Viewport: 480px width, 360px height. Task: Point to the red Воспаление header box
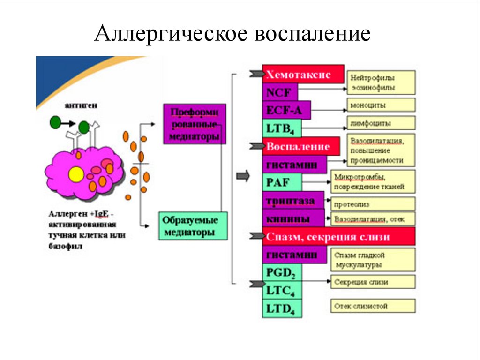tap(300, 146)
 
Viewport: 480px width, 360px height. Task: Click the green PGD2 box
tap(282, 272)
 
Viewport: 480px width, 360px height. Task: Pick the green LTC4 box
tap(282, 291)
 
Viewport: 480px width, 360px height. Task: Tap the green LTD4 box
tap(282, 308)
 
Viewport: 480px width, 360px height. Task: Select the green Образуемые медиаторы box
tap(192, 226)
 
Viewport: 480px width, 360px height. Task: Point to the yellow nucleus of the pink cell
tap(75, 175)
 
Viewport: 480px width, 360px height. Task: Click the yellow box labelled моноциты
tap(381, 105)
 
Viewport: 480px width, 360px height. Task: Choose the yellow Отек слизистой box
tap(373, 307)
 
